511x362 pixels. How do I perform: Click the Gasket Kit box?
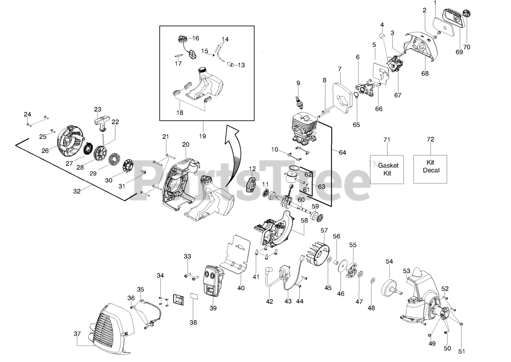coord(388,168)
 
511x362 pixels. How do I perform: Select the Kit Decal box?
coord(430,168)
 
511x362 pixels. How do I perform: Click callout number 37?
coord(77,334)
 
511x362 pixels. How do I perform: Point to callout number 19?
coord(202,136)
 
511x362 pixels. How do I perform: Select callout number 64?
coord(343,152)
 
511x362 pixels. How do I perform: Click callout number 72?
coord(430,139)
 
